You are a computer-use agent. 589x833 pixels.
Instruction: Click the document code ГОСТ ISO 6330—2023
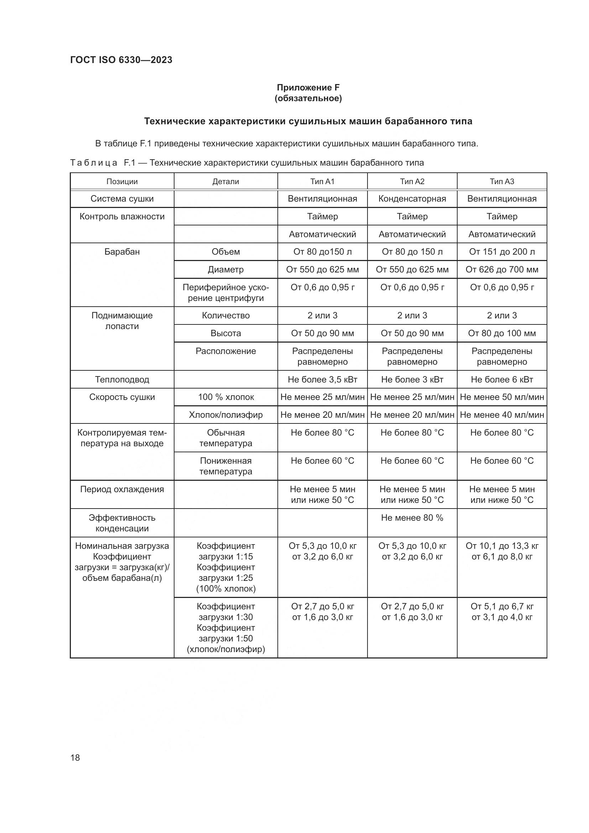click(121, 60)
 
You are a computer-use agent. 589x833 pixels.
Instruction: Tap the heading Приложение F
click(308, 88)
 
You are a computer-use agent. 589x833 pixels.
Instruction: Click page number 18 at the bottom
click(75, 757)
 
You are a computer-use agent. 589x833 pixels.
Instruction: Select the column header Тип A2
click(412, 181)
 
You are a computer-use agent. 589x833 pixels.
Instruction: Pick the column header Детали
click(225, 181)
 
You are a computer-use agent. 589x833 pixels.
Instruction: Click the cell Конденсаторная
click(412, 199)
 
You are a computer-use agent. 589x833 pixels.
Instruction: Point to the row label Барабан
click(122, 252)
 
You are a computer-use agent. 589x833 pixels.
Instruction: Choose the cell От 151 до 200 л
click(502, 252)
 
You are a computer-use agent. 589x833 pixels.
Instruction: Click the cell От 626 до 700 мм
click(502, 270)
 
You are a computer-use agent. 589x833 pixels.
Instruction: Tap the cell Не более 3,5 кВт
click(322, 380)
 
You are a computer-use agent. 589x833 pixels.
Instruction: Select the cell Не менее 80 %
click(412, 518)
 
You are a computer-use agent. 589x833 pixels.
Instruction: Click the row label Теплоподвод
click(122, 380)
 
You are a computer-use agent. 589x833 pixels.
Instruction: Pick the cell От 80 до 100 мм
click(502, 333)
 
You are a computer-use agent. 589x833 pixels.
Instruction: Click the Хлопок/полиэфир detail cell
click(225, 415)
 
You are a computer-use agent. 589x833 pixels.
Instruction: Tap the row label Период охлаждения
click(122, 489)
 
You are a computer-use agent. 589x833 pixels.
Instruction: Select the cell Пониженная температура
click(225, 466)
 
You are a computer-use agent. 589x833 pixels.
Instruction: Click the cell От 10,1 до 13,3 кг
click(502, 546)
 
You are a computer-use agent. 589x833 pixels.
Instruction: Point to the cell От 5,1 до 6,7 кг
click(502, 606)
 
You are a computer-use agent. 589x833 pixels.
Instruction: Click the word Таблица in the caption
click(94, 163)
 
